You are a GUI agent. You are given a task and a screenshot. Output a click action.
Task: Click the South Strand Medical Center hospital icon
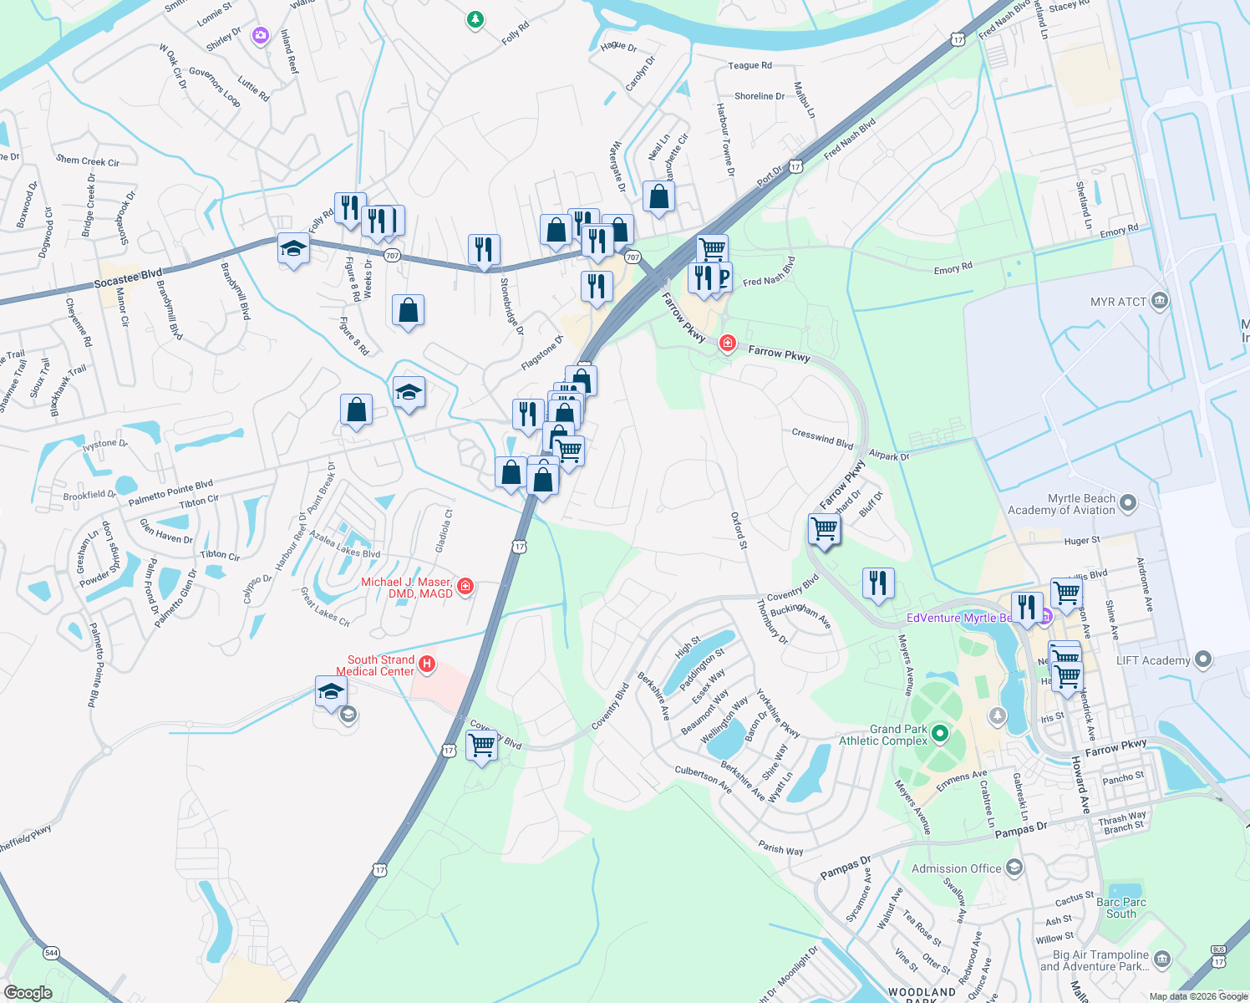pyautogui.click(x=427, y=664)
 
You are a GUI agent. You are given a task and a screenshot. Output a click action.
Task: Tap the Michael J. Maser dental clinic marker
pyautogui.click(x=465, y=587)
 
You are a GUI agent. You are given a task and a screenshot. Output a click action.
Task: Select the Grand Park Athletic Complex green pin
pyautogui.click(x=940, y=734)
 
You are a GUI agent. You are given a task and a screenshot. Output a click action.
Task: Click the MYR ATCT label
pyautogui.click(x=1118, y=302)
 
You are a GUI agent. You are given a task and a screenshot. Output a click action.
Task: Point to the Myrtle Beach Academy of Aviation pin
pyautogui.click(x=1128, y=503)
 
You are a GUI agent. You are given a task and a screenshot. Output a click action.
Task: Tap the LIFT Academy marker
pyautogui.click(x=1202, y=659)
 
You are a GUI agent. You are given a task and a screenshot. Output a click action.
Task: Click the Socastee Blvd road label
pyautogui.click(x=128, y=278)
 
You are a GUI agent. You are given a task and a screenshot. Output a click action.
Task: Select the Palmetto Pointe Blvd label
pyautogui.click(x=170, y=492)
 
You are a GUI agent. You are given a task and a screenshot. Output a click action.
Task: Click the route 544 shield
pyautogui.click(x=52, y=953)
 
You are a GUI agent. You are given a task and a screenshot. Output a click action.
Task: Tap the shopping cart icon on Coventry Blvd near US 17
pyautogui.click(x=482, y=745)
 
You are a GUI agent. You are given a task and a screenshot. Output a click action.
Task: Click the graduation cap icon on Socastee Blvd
pyautogui.click(x=293, y=249)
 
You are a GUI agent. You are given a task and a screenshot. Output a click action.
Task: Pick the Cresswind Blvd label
pyautogui.click(x=822, y=437)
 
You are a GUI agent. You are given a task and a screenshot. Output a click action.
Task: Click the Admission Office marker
pyautogui.click(x=1014, y=868)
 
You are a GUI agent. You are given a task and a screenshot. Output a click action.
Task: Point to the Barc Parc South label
pyautogui.click(x=1121, y=908)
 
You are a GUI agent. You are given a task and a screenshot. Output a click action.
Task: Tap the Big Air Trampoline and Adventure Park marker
pyautogui.click(x=1161, y=958)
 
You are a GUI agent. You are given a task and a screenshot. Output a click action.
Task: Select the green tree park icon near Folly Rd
pyautogui.click(x=475, y=18)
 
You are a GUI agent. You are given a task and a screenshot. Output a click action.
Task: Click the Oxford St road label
pyautogui.click(x=739, y=531)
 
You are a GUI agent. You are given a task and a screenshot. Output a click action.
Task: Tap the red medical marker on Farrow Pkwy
pyautogui.click(x=727, y=344)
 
